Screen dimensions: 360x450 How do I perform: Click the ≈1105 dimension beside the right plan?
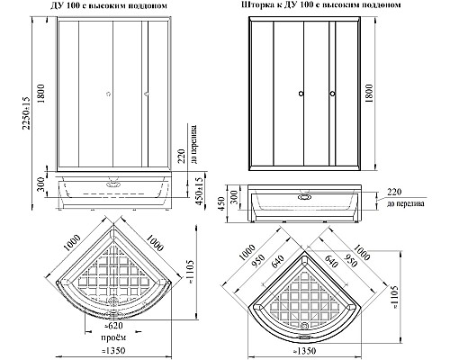396,297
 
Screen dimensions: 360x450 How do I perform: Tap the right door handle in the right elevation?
332,94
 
